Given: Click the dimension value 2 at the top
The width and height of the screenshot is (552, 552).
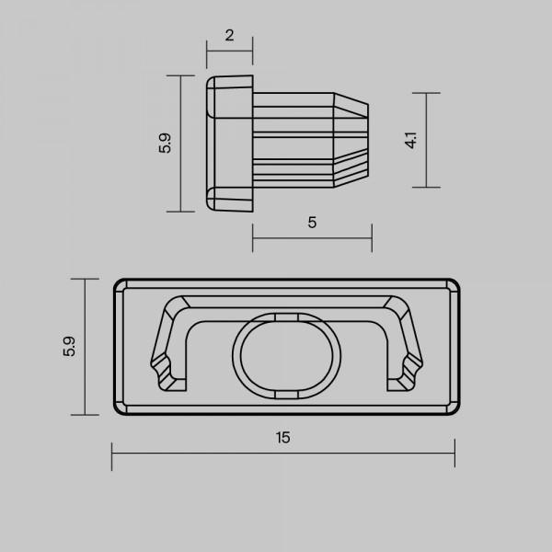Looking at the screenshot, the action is (x=229, y=35).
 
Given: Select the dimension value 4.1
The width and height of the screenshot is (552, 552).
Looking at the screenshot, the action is (x=411, y=140).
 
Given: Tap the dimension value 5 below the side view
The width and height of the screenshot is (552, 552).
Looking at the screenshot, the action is (x=312, y=223).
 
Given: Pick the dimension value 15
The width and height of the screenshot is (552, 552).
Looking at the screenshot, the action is (x=283, y=437).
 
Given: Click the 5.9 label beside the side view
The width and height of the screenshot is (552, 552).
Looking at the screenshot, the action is (x=165, y=143).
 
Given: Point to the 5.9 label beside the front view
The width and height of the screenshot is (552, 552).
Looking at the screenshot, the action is (x=69, y=347).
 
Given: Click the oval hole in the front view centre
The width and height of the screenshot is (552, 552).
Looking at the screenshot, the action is (x=286, y=355).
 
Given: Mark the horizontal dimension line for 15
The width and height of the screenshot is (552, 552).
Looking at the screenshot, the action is (x=283, y=453).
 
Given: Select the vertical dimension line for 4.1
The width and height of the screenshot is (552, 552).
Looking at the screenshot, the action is (x=426, y=140).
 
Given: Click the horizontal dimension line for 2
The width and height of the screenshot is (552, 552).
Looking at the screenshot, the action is (x=229, y=51).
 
